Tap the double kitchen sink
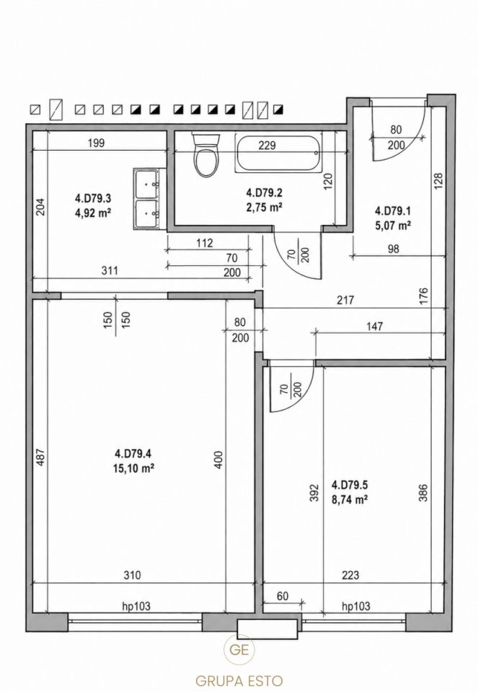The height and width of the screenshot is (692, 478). [148, 199]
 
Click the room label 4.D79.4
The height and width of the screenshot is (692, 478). [133, 453]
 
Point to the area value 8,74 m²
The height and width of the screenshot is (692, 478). [350, 500]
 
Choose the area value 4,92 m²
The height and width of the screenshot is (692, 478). [93, 213]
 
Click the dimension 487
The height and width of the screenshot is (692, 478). [40, 458]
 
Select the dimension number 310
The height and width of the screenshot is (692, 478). [132, 575]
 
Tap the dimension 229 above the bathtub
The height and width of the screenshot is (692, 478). [267, 145]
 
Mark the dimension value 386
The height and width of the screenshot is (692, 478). [422, 494]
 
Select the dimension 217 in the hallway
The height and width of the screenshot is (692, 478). [345, 300]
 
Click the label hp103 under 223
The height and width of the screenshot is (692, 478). [356, 606]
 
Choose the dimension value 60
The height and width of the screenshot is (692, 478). [283, 596]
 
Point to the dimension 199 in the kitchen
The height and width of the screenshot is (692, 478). [96, 143]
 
